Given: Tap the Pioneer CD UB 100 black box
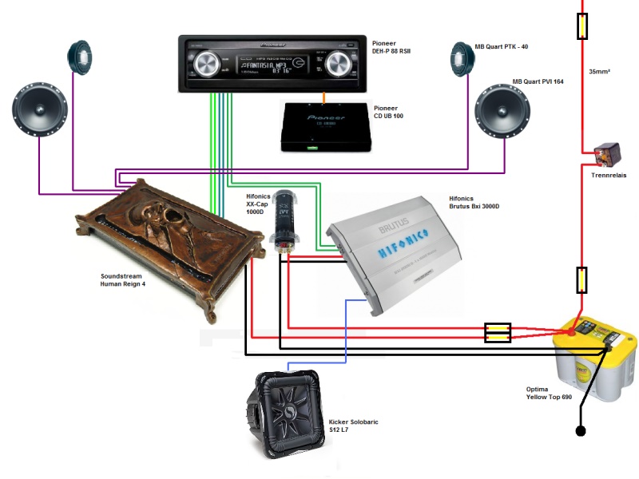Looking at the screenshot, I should pos(325,128).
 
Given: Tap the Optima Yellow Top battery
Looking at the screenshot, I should pos(595,359).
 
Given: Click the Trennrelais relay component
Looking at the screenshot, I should pos(599,150).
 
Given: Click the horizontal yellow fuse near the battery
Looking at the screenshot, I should pos(498,332).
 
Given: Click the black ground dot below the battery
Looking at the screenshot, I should pos(581,432).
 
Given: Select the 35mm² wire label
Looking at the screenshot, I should pos(599,71).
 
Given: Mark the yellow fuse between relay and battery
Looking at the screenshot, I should pos(582,280).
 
